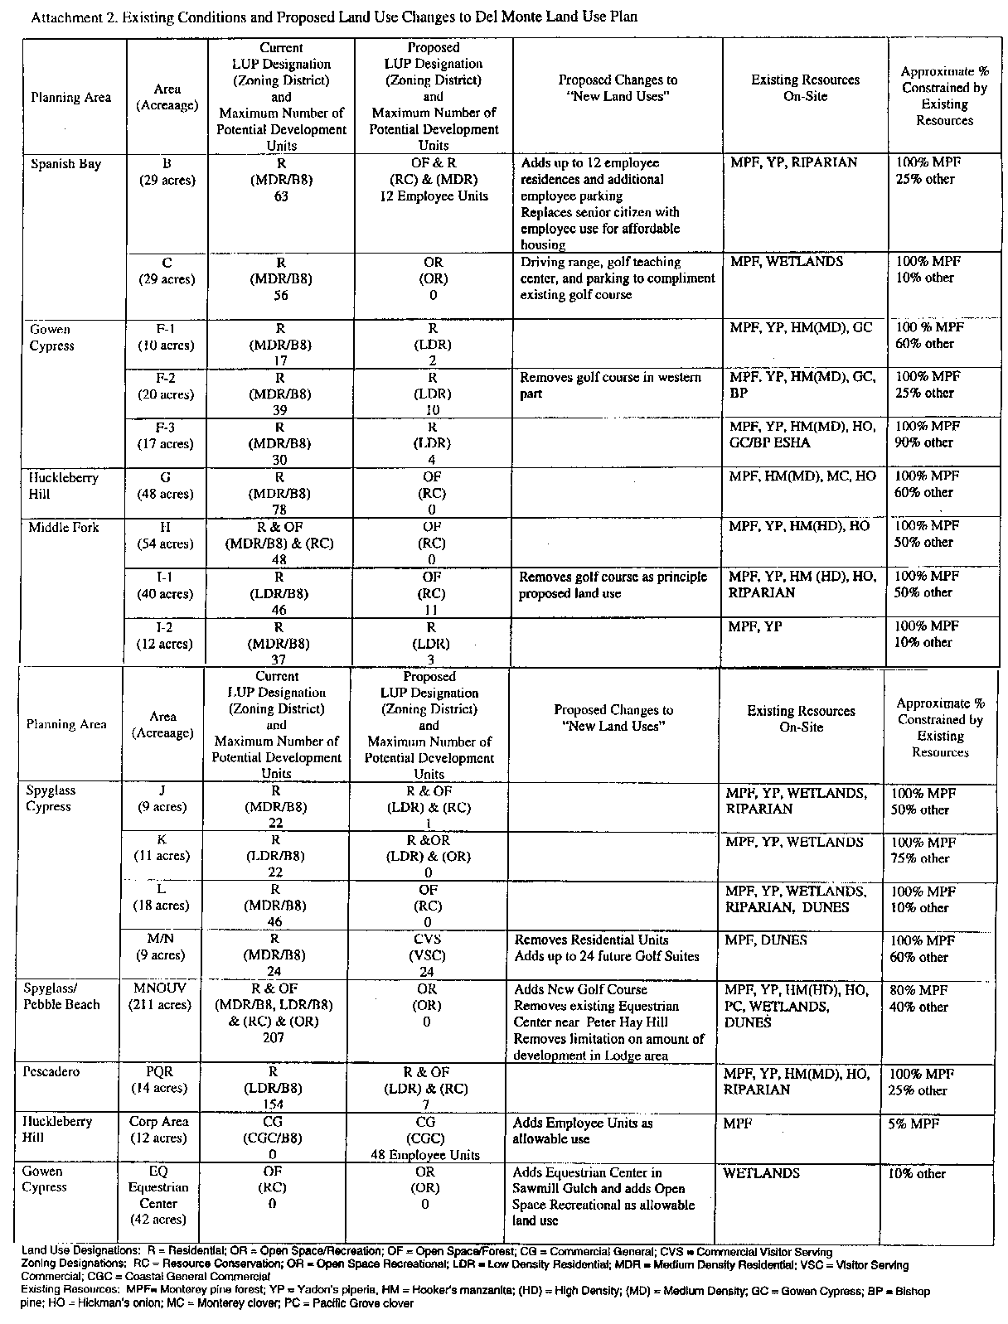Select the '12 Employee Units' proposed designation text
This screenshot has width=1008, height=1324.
(434, 196)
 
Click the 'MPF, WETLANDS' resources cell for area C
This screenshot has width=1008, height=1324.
(786, 262)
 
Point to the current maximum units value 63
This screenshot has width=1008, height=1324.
(281, 196)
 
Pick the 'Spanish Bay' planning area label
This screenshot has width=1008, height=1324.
(65, 164)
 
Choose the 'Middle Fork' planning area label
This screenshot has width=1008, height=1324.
(64, 527)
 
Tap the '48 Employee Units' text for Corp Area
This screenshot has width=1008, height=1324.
(424, 1154)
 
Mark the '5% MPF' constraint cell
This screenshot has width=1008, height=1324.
(916, 1123)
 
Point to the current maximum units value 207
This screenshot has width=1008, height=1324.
(273, 1037)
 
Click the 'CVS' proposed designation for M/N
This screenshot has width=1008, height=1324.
(427, 939)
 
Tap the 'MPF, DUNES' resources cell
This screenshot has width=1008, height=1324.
(765, 940)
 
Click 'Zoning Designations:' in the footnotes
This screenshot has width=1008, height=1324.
(69, 1265)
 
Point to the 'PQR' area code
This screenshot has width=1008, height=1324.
(159, 1071)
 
